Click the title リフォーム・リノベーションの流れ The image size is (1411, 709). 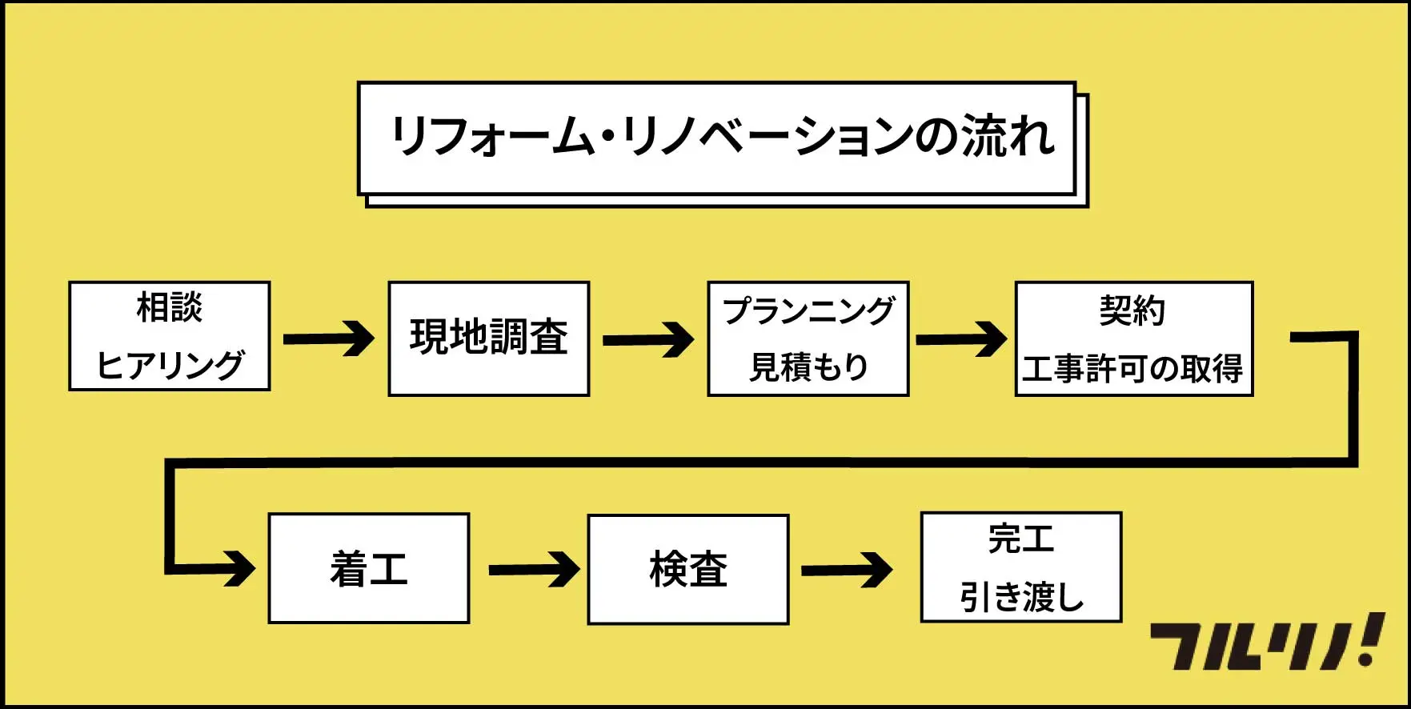[720, 136]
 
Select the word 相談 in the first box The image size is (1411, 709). [170, 307]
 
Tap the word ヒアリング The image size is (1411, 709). [170, 365]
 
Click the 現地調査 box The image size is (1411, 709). [489, 338]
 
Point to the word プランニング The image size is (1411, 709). [808, 310]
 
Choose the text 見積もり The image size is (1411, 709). [808, 367]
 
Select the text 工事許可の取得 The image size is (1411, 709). [1132, 368]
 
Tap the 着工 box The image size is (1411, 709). [369, 569]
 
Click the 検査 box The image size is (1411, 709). [688, 570]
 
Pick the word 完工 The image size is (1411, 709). [1021, 539]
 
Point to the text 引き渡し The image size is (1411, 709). [1021, 597]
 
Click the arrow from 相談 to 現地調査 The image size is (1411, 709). [328, 338]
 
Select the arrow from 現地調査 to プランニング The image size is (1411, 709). [647, 340]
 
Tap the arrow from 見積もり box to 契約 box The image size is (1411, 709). [960, 339]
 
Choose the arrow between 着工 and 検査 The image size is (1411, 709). [534, 570]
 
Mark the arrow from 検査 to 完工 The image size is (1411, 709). [846, 570]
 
